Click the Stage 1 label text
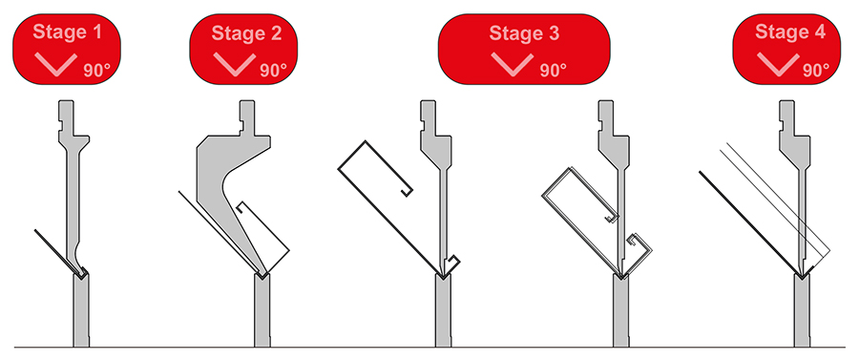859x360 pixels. (68, 32)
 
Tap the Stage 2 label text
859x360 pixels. (246, 32)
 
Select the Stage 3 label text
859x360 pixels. (524, 32)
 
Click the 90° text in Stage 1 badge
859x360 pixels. (97, 70)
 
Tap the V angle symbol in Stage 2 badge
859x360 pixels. (235, 64)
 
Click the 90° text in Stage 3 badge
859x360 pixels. (554, 70)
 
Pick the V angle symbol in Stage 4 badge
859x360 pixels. (778, 64)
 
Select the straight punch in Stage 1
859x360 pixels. (73, 180)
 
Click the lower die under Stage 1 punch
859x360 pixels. (81, 310)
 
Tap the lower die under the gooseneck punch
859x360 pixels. (262, 310)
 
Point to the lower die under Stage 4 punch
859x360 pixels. (802, 310)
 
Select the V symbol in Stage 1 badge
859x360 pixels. (55, 64)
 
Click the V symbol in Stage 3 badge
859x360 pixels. (513, 64)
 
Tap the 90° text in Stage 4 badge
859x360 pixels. (816, 70)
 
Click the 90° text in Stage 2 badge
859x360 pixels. (274, 70)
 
